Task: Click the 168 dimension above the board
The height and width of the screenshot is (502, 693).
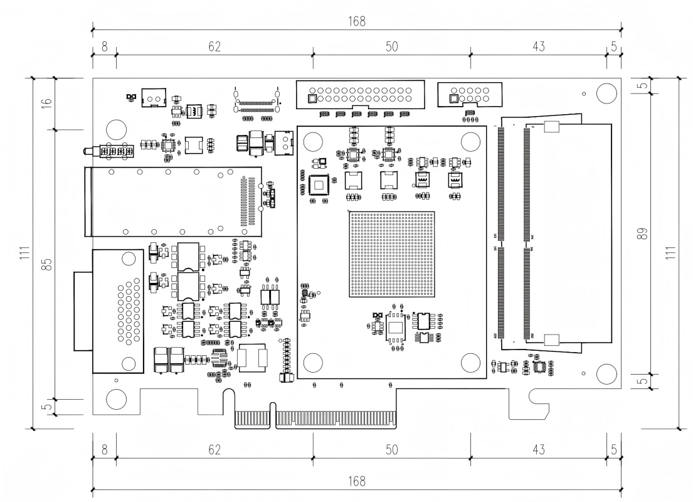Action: pyautogui.click(x=357, y=21)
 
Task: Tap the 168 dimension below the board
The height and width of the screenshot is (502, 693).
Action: pyautogui.click(x=357, y=481)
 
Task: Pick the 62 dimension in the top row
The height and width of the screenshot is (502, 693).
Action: pyautogui.click(x=214, y=46)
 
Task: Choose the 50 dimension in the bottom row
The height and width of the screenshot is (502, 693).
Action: pyautogui.click(x=392, y=449)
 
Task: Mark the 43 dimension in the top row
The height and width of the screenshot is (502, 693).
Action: pyautogui.click(x=538, y=46)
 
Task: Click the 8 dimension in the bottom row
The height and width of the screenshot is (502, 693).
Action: pyautogui.click(x=104, y=449)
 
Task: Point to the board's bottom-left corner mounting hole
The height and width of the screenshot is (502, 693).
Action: pyautogui.click(x=116, y=399)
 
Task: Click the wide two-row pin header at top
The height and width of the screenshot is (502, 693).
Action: pyautogui.click(x=360, y=94)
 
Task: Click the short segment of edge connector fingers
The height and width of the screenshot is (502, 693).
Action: pyautogui.click(x=252, y=419)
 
